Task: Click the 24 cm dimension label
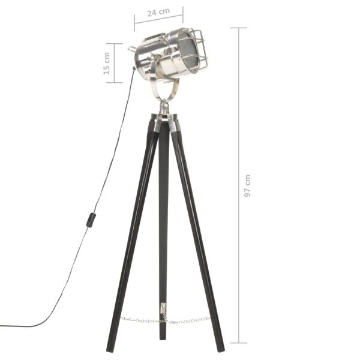point(158,12)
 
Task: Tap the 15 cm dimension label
point(106,62)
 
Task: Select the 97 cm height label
point(247,186)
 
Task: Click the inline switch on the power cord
point(91,220)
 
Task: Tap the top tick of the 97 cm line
point(239,28)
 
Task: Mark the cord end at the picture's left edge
point(2,326)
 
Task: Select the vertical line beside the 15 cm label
point(115,62)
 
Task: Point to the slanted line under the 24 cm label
point(158,19)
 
